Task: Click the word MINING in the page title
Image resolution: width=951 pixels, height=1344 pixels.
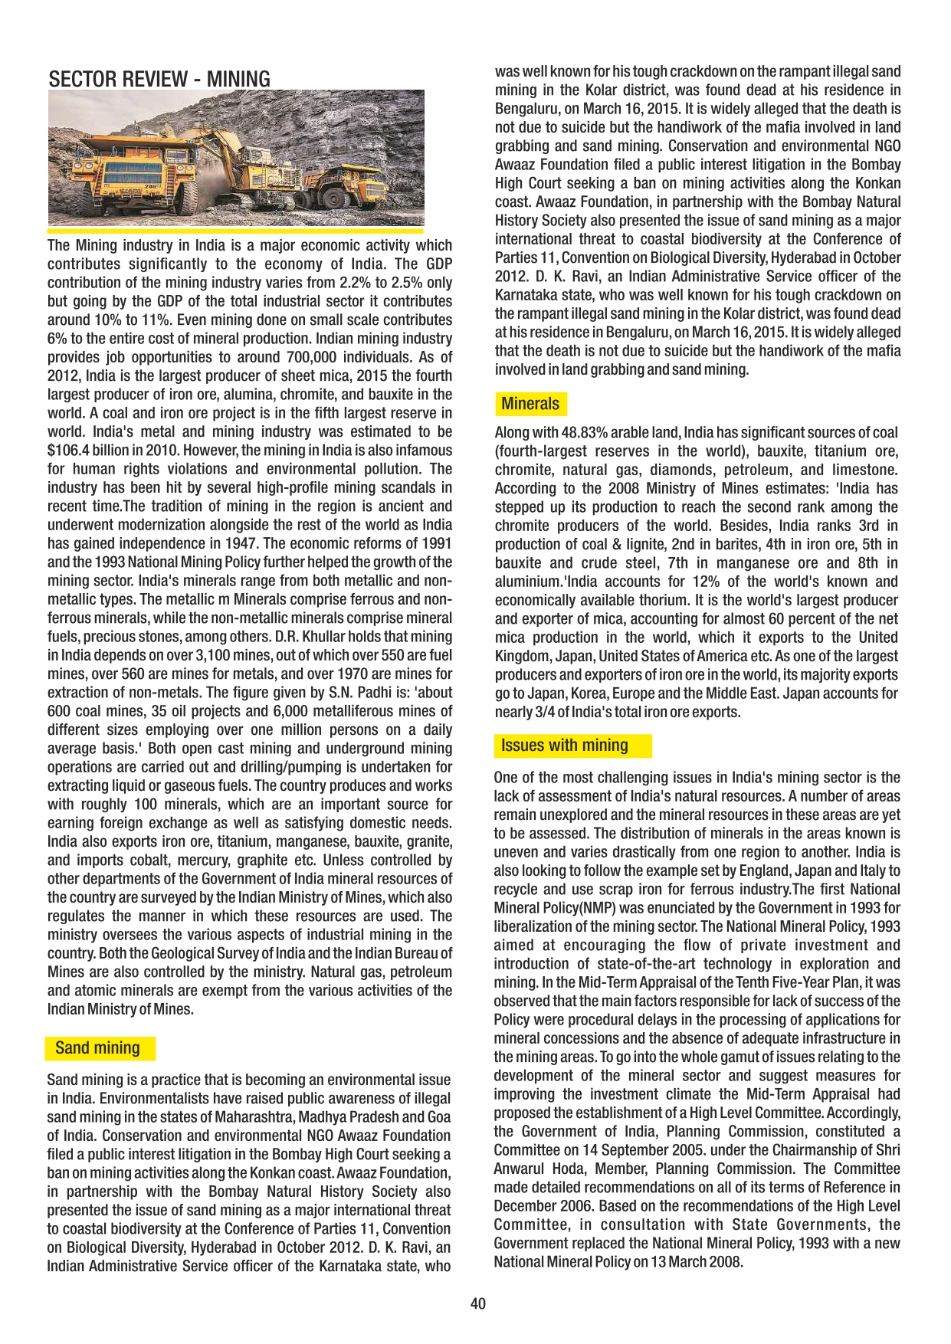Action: click(x=238, y=79)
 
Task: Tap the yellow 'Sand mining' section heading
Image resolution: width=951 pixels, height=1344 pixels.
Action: click(x=97, y=1048)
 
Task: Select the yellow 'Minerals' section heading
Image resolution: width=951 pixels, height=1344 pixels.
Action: click(x=530, y=404)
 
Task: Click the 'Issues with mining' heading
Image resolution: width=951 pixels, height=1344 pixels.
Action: click(x=565, y=746)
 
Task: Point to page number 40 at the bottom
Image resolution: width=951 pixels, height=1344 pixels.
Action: click(x=478, y=1303)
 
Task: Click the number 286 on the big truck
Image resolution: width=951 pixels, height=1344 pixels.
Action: click(x=151, y=185)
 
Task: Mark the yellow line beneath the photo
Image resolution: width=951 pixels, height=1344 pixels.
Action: click(x=235, y=231)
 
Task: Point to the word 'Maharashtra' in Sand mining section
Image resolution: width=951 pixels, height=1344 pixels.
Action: click(x=254, y=1117)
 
